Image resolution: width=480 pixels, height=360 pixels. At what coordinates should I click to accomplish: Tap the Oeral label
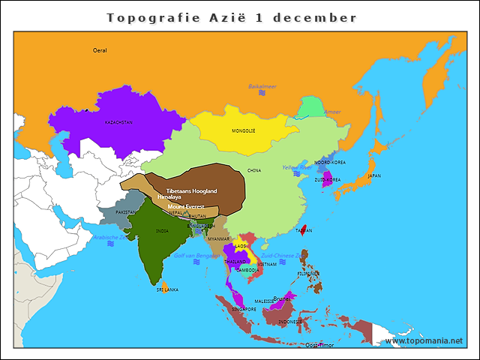coord(100,50)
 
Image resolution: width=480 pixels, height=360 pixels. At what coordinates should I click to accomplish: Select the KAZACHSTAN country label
coord(118,122)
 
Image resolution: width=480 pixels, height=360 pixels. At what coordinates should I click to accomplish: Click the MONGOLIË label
coord(243,130)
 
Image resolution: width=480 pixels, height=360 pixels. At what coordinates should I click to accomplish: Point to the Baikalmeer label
coord(262,87)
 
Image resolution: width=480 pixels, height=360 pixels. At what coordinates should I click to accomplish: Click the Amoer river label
coord(332,112)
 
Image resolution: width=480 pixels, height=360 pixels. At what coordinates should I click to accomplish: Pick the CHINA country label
coord(254,170)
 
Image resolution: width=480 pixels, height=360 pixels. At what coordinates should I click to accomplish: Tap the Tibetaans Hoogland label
coord(191,191)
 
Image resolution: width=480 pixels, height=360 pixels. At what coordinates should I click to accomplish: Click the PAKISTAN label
coord(126,212)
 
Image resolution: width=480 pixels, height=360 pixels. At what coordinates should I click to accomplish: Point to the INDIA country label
coord(161,231)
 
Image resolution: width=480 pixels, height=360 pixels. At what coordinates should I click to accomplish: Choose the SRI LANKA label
coord(166,289)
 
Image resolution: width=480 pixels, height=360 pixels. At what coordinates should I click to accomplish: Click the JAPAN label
coord(373,176)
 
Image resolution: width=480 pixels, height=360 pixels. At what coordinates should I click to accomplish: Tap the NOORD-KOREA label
coord(330,162)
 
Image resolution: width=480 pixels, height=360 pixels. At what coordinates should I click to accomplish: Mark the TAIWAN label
coord(304,230)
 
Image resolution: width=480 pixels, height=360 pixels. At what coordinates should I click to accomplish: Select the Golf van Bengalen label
coord(196,255)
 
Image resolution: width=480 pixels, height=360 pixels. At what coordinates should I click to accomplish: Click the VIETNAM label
coord(266,265)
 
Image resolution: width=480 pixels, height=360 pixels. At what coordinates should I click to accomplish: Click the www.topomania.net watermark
coord(424,340)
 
